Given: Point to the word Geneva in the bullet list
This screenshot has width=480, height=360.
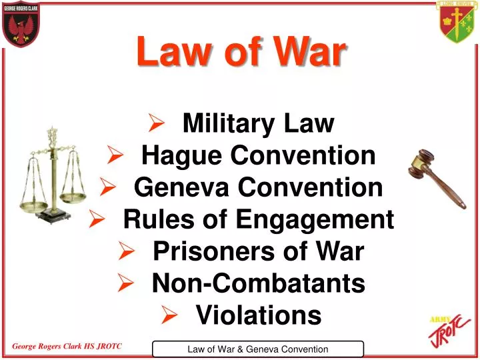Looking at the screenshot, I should click(x=175, y=187).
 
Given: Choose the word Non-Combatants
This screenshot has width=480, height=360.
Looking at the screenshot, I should click(x=259, y=283).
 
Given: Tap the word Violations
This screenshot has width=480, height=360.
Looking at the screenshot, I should click(x=259, y=315).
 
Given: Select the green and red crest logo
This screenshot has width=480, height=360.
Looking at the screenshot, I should click(x=457, y=21).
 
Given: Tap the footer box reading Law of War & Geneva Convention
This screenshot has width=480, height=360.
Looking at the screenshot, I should click(x=258, y=349).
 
